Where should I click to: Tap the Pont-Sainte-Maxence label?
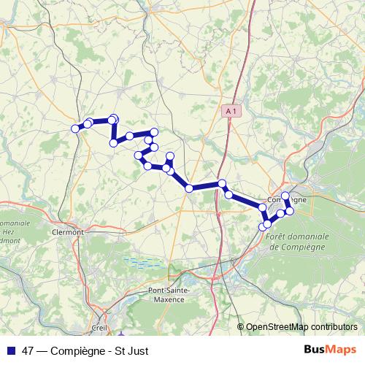[x=169, y=294]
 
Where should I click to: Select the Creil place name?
[x=99, y=328]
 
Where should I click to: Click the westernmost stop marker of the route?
[x=75, y=128]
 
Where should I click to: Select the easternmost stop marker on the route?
[x=290, y=211]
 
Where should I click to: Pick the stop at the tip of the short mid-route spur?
[x=169, y=155]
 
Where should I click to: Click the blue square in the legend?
[x=9, y=350]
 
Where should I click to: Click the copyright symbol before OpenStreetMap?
[x=241, y=326]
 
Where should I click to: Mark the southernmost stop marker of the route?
[x=263, y=227]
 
